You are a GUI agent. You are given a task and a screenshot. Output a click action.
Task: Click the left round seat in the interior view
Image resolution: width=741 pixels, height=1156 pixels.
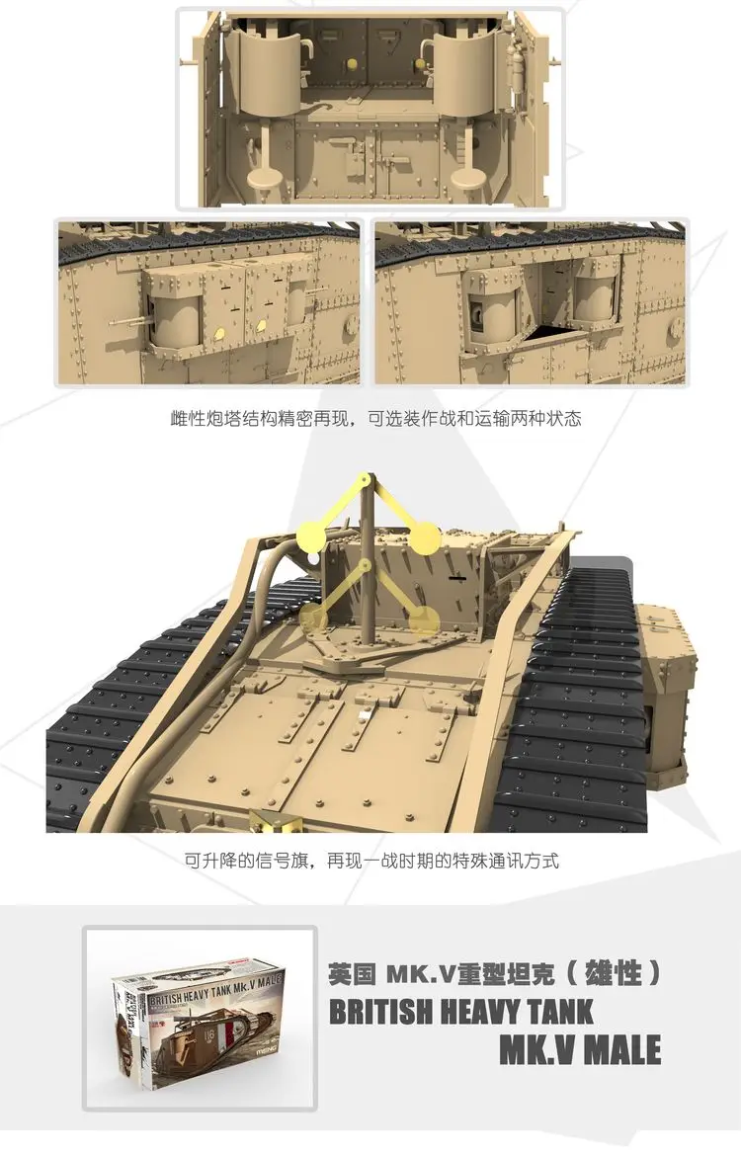tap(266, 176)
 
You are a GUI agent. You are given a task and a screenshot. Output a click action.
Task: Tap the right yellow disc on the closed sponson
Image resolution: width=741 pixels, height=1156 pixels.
tap(262, 325)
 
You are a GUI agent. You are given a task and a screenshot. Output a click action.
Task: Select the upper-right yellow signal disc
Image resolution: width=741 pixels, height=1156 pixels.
tap(425, 538)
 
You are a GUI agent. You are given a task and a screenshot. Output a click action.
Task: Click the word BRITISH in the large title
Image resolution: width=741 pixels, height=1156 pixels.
tap(389, 1012)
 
